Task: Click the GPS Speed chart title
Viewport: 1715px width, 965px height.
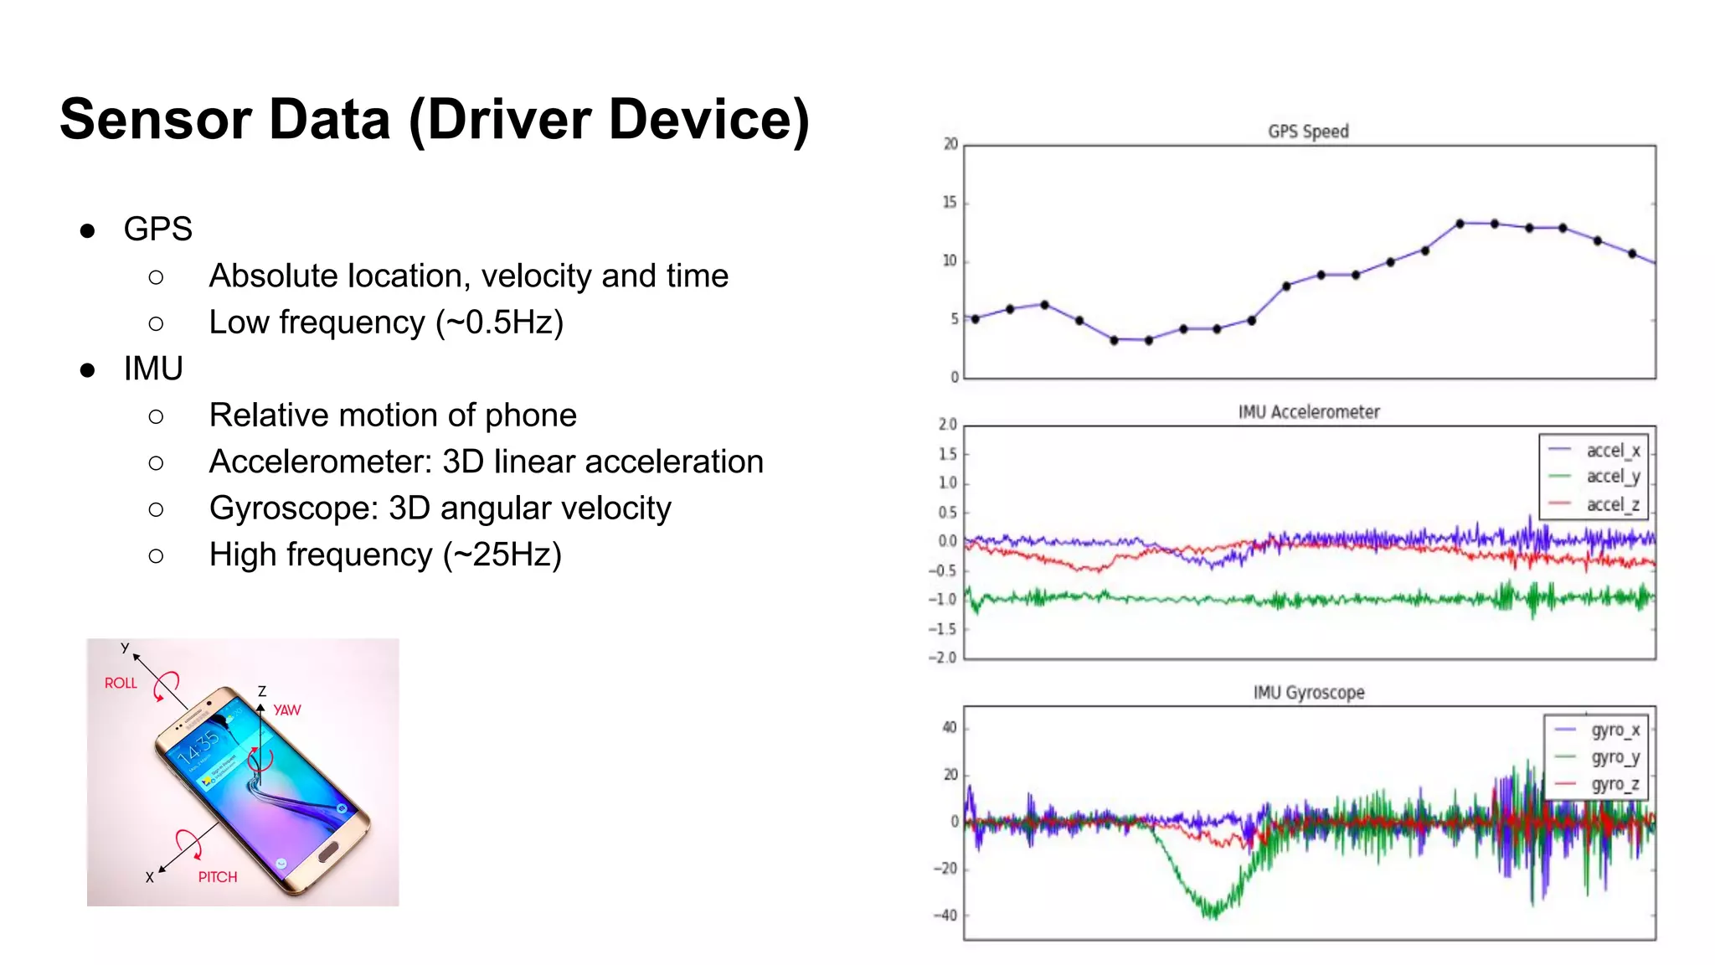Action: pos(1308,132)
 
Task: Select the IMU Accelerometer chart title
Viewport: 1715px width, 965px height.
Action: pos(1309,412)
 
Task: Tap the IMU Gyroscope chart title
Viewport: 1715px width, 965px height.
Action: pos(1309,693)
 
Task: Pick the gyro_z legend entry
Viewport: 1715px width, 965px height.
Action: pos(1615,785)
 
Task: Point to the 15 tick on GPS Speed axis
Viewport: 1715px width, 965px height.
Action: pos(950,203)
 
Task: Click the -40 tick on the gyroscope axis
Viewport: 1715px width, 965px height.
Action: pos(945,916)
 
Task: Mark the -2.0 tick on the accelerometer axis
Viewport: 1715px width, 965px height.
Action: pos(943,658)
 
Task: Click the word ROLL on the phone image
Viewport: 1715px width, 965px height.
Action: pos(121,684)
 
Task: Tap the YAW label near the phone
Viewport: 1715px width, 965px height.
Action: pos(287,710)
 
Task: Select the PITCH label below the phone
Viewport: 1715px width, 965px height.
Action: pos(218,877)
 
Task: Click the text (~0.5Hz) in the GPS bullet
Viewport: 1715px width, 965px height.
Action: pos(499,323)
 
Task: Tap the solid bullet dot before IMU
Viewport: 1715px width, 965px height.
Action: pos(87,369)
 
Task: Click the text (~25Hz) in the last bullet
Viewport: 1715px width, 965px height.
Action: pos(502,555)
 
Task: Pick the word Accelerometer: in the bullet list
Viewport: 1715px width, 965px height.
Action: pos(321,462)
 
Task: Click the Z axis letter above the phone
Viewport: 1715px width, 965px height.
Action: pos(262,691)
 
